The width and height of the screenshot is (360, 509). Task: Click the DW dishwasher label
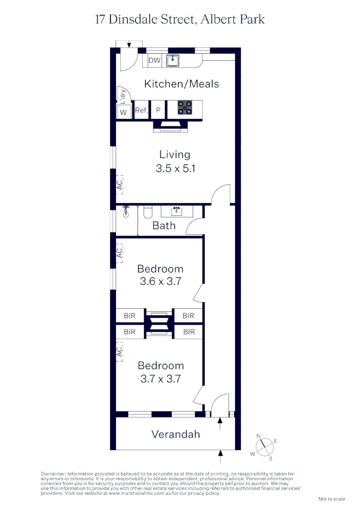click(155, 60)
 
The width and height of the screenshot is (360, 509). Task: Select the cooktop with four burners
click(185, 108)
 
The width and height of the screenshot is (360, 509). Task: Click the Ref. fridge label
click(141, 111)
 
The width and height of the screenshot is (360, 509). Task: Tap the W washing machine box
click(123, 112)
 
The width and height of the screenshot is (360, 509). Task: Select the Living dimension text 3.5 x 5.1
click(175, 168)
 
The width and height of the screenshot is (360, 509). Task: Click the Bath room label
click(164, 226)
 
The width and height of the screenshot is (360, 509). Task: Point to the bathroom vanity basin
click(177, 211)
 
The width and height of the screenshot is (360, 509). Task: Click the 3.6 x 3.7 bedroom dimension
click(161, 282)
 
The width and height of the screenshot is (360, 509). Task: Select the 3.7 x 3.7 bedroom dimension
click(161, 378)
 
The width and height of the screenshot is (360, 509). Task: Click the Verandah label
click(175, 434)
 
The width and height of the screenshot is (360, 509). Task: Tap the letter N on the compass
click(258, 436)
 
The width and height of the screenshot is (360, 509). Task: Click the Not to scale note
click(332, 499)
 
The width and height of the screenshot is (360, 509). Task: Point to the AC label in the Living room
click(120, 184)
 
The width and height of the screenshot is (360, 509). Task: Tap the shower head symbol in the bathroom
click(126, 213)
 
